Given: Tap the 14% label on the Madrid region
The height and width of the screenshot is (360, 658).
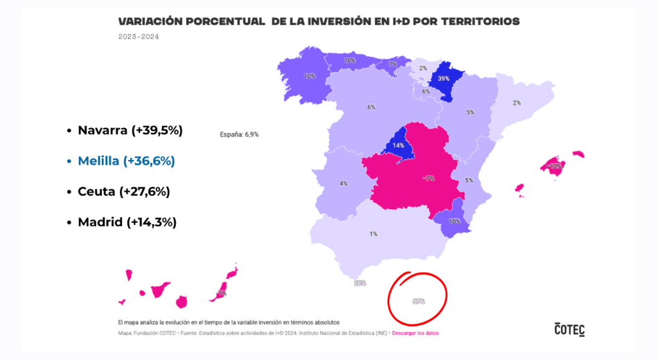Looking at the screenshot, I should (x=398, y=146).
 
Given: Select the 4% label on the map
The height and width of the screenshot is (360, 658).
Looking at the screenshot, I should (x=344, y=183).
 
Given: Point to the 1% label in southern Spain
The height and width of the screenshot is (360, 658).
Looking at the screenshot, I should (x=373, y=234).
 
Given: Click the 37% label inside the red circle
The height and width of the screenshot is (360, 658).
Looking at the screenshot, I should (x=418, y=301).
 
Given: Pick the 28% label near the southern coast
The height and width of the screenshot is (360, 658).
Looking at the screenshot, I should (x=359, y=283).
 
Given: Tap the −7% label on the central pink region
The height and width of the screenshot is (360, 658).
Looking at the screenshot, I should (x=429, y=179).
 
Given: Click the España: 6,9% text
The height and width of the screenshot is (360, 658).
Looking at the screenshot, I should (x=239, y=134).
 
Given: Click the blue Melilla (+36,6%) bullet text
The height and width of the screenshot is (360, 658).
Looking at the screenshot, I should (x=126, y=161).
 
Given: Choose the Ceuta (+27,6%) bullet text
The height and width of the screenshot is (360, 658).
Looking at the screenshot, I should (x=124, y=191).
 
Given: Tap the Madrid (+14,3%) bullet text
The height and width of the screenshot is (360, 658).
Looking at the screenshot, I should (x=127, y=222).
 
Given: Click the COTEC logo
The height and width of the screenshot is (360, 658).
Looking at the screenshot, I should (x=569, y=329).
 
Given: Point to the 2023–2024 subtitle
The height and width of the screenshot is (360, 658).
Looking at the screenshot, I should (x=139, y=37).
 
